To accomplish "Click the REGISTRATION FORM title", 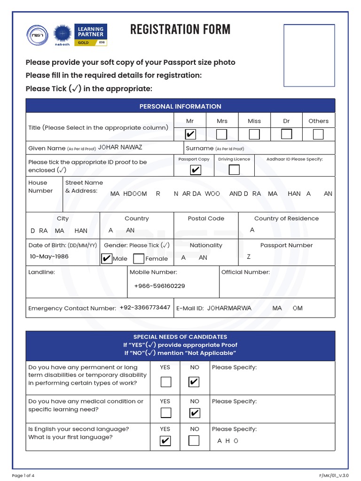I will pos(180,30).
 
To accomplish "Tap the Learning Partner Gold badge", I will pos(92,35).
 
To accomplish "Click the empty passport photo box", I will pos(309,56).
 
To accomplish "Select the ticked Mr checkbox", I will pos(190,135).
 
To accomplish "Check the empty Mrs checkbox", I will pos(221,135).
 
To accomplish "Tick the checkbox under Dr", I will pos(286,134).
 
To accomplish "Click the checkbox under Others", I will pos(318,135).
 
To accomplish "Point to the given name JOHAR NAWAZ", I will pos(120,147).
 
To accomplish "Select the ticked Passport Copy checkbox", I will pos(195,170).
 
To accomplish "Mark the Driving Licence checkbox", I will pos(234,170).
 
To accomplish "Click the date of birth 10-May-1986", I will pos(49,256).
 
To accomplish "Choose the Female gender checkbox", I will pos(139,259).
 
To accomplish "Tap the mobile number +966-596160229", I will pos(159,286).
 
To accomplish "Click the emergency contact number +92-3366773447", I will pos(145,308).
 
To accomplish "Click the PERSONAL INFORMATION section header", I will pos(180,106).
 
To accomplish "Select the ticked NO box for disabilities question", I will pos(194,382).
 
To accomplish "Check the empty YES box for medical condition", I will pos(165,413).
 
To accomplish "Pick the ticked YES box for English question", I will pos(165,441).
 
